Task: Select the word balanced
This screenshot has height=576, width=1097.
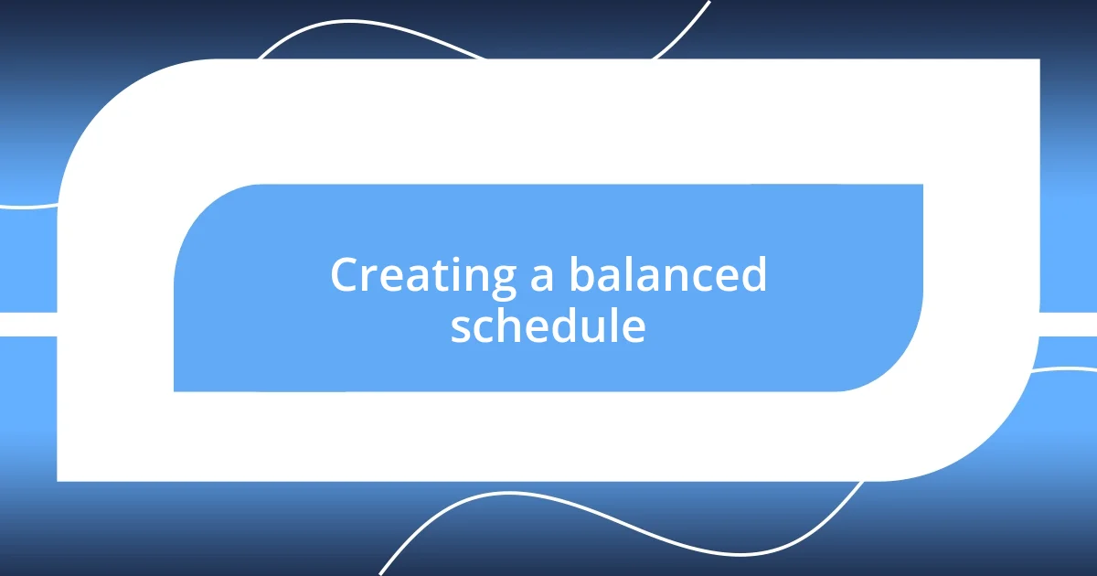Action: [x=667, y=275]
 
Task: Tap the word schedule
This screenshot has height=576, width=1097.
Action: [x=548, y=326]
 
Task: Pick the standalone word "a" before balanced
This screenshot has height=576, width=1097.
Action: [x=542, y=279]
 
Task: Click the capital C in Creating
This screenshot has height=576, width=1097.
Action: [x=346, y=275]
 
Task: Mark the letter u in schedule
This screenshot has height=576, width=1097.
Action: [x=599, y=330]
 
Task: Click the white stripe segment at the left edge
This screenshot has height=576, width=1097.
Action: [x=27, y=325]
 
